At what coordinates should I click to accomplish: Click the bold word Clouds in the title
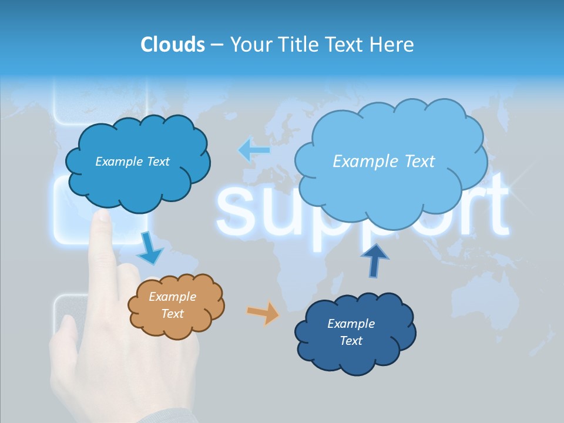point(172,45)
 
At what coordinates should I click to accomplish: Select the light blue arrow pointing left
point(254,150)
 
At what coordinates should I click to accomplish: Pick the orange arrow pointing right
point(263,313)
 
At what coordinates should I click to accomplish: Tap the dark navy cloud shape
point(355,333)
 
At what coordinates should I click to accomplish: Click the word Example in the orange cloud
point(173,297)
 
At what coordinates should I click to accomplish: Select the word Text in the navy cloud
point(351,341)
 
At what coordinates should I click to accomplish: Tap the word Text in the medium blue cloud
point(157,162)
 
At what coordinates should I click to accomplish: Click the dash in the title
point(216,45)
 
